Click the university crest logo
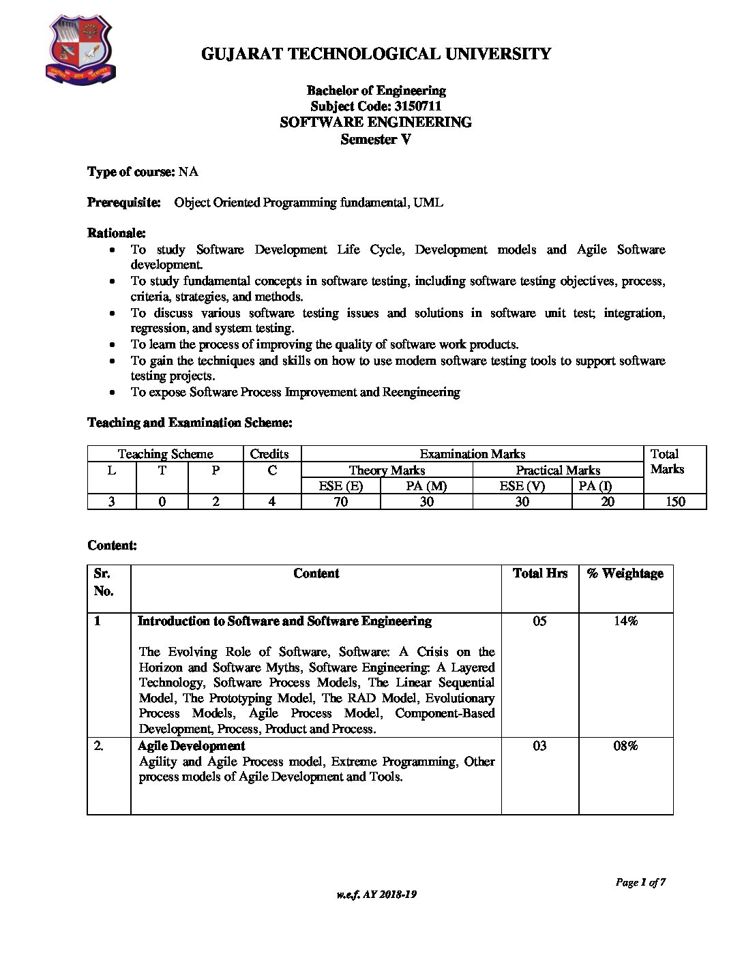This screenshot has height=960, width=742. [x=80, y=52]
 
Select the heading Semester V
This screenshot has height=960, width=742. [x=376, y=140]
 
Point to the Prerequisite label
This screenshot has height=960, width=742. [x=124, y=202]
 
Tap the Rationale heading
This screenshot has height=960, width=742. [x=117, y=233]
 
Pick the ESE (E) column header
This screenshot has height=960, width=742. [x=340, y=486]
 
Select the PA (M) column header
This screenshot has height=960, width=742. [x=426, y=486]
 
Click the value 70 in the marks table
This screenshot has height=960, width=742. [x=340, y=502]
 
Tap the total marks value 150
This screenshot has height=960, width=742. [x=675, y=502]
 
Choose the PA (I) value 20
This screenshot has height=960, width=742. [x=608, y=502]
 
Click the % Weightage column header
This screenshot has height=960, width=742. [x=625, y=573]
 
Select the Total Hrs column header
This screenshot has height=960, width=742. [x=539, y=573]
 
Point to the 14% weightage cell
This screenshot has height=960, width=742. [x=625, y=621]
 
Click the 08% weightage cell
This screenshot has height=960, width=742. [x=625, y=746]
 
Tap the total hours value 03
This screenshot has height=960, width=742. [x=539, y=746]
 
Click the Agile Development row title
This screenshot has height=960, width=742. [x=191, y=746]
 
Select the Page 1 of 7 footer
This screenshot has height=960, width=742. [x=640, y=882]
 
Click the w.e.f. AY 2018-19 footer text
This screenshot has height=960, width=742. [x=376, y=895]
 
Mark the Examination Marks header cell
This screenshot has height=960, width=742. [x=472, y=454]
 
